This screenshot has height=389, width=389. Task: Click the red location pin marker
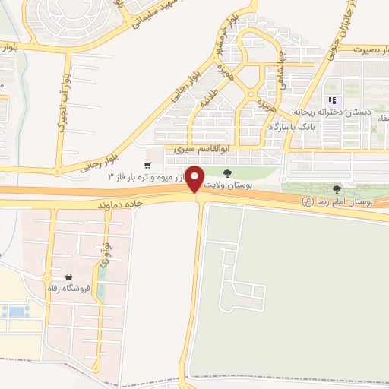[195, 178]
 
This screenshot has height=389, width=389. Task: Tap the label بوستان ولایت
[227, 185]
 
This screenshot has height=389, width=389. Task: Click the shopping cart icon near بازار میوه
[148, 165]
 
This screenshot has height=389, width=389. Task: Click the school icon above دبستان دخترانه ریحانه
[331, 100]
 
